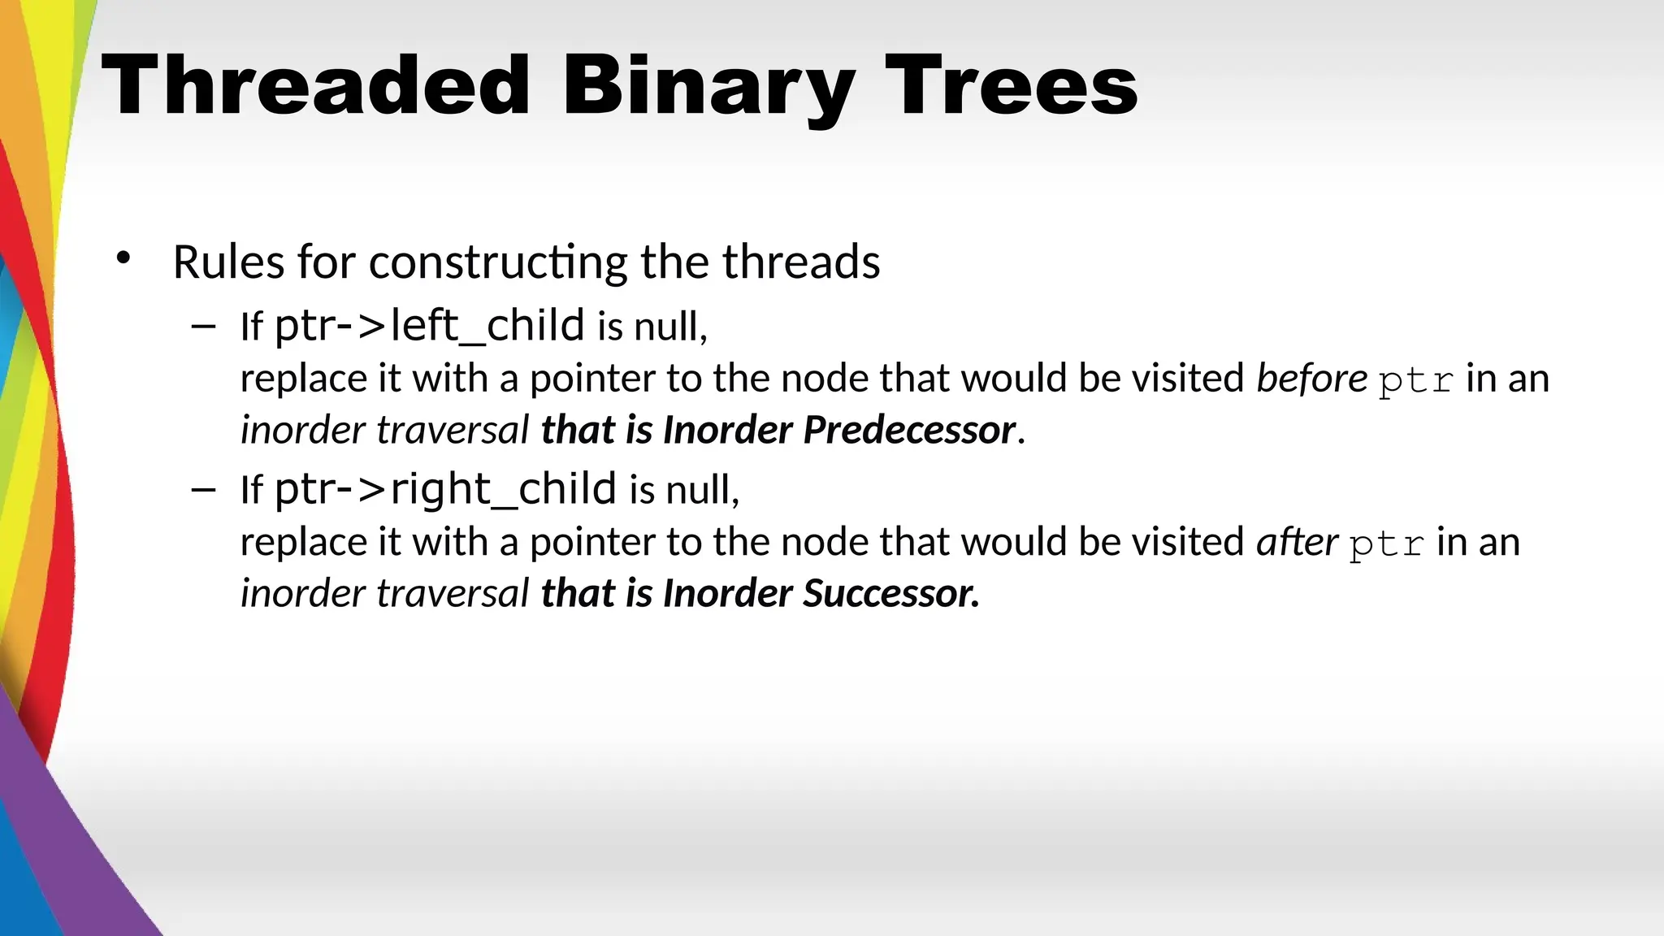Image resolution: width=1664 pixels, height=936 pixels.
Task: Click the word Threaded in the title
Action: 315,85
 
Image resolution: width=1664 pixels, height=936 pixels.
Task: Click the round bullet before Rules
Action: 123,259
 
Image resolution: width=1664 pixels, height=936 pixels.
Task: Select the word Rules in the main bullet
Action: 228,262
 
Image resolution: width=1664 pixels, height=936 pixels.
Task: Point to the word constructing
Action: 497,263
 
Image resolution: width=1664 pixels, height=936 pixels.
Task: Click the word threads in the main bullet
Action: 800,262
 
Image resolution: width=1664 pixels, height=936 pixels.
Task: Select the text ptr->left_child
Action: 429,326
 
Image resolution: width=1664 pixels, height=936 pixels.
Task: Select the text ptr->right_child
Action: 445,489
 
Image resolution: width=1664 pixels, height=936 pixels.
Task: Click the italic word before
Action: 1311,379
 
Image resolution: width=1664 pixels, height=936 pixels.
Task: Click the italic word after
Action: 1297,542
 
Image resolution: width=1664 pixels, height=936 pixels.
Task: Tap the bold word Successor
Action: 890,593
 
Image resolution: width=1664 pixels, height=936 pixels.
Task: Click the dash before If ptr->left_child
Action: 203,327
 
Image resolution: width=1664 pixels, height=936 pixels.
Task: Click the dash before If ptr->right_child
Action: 203,490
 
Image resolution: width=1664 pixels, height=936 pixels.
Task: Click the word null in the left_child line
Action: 665,327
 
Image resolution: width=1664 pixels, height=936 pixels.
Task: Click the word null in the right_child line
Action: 697,491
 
